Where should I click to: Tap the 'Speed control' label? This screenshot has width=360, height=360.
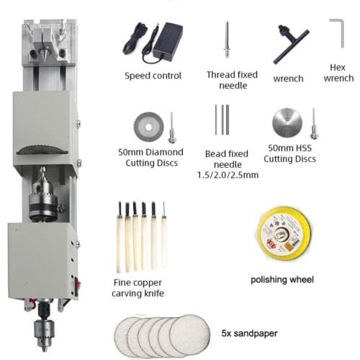pyautogui.click(x=153, y=76)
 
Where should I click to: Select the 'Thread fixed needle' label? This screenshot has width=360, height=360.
pyautogui.click(x=228, y=80)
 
